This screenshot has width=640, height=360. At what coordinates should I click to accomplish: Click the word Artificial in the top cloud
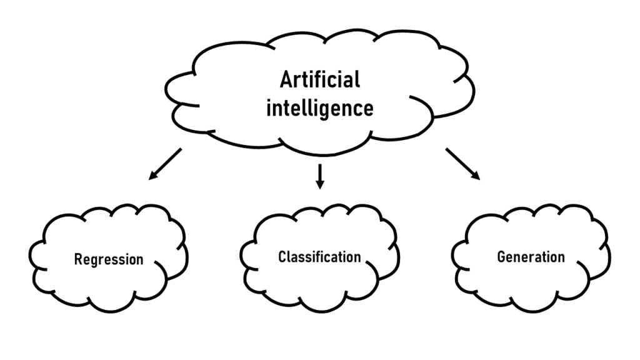tap(320, 81)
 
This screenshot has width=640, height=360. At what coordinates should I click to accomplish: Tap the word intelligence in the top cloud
tap(320, 108)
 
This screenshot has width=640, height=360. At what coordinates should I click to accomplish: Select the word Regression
tap(109, 259)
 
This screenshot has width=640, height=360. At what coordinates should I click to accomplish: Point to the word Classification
tap(319, 257)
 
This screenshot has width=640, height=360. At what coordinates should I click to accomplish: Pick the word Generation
tap(531, 257)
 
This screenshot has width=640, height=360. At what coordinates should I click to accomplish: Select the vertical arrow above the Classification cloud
tap(320, 176)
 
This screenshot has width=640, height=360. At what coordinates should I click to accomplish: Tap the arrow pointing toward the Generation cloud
tap(463, 164)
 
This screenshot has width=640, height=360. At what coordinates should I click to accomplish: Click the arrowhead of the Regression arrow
tap(152, 177)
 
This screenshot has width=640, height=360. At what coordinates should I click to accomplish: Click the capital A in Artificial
tap(286, 81)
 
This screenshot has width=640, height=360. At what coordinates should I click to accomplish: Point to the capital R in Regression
tap(78, 259)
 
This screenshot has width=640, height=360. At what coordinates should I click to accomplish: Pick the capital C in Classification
tap(282, 257)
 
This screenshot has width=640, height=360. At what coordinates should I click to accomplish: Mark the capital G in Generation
tap(501, 257)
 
